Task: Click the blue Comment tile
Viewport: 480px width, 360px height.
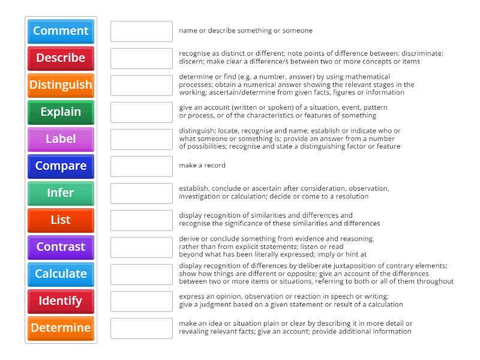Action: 61,31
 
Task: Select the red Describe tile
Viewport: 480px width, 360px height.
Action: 61,58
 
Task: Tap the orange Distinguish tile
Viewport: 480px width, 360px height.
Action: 61,85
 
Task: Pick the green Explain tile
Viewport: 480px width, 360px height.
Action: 61,112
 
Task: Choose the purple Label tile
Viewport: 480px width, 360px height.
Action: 61,139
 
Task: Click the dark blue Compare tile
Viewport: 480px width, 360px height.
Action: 61,166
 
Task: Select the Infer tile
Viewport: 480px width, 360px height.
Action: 61,193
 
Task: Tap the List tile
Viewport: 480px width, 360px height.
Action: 61,220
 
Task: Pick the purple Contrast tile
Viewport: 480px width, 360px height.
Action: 61,247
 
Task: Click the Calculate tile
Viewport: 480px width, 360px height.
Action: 61,274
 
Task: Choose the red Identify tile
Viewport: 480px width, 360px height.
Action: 61,301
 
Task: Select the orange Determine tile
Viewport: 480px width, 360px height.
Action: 61,328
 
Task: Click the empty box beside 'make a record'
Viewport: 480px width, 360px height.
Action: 142,166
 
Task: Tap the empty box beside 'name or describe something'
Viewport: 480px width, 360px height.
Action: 142,31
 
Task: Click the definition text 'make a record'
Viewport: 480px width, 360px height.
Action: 202,166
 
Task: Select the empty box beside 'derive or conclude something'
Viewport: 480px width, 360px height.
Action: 142,247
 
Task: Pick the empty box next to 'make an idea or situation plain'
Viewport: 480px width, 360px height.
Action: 142,328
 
